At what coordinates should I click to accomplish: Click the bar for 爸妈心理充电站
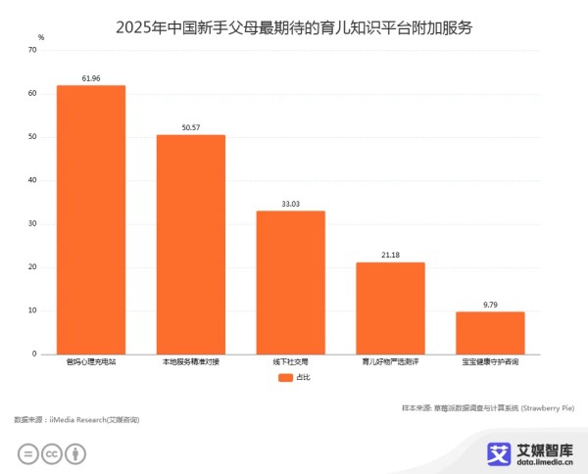click(x=90, y=219)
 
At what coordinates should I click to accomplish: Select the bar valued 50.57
click(x=190, y=244)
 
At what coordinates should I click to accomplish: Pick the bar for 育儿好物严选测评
click(x=390, y=308)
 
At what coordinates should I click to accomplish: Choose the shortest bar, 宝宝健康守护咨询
click(x=489, y=332)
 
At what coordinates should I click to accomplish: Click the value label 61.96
click(x=90, y=76)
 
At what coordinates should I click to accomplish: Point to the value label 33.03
click(x=290, y=203)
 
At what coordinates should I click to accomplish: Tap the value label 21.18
click(x=390, y=254)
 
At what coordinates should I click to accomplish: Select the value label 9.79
click(x=489, y=304)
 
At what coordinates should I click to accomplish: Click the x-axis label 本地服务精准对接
click(x=190, y=363)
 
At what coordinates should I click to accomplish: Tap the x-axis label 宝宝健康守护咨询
click(x=489, y=363)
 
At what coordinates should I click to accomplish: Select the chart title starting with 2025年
click(x=294, y=26)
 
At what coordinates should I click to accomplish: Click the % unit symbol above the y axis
click(x=41, y=36)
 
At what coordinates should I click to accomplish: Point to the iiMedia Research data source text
click(x=76, y=419)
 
